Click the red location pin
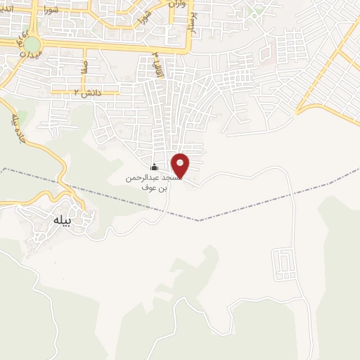point(181,165)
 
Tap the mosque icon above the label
point(155,167)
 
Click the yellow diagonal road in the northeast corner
point(330,70)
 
